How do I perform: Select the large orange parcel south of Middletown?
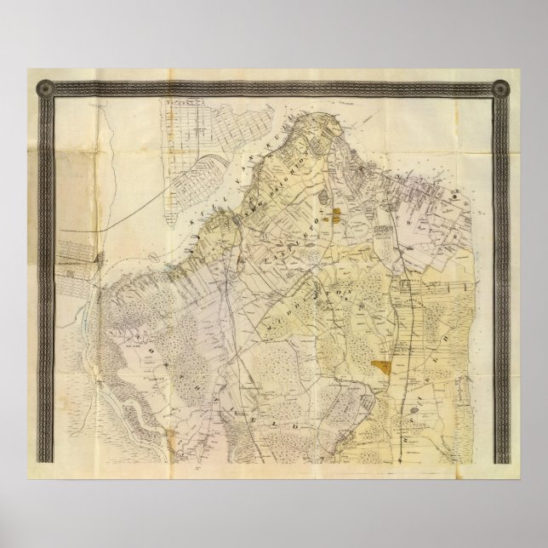pyautogui.click(x=384, y=368)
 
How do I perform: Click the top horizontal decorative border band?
pyautogui.click(x=272, y=87)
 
